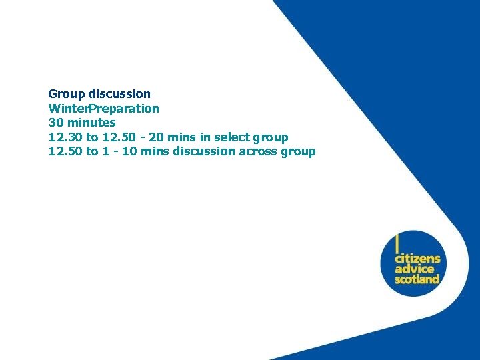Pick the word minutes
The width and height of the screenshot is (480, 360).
click(91, 123)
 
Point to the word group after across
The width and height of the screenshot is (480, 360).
click(299, 152)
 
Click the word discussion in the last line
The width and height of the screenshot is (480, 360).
click(204, 151)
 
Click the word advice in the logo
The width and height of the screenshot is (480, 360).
click(413, 269)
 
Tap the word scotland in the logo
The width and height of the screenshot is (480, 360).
click(417, 279)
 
